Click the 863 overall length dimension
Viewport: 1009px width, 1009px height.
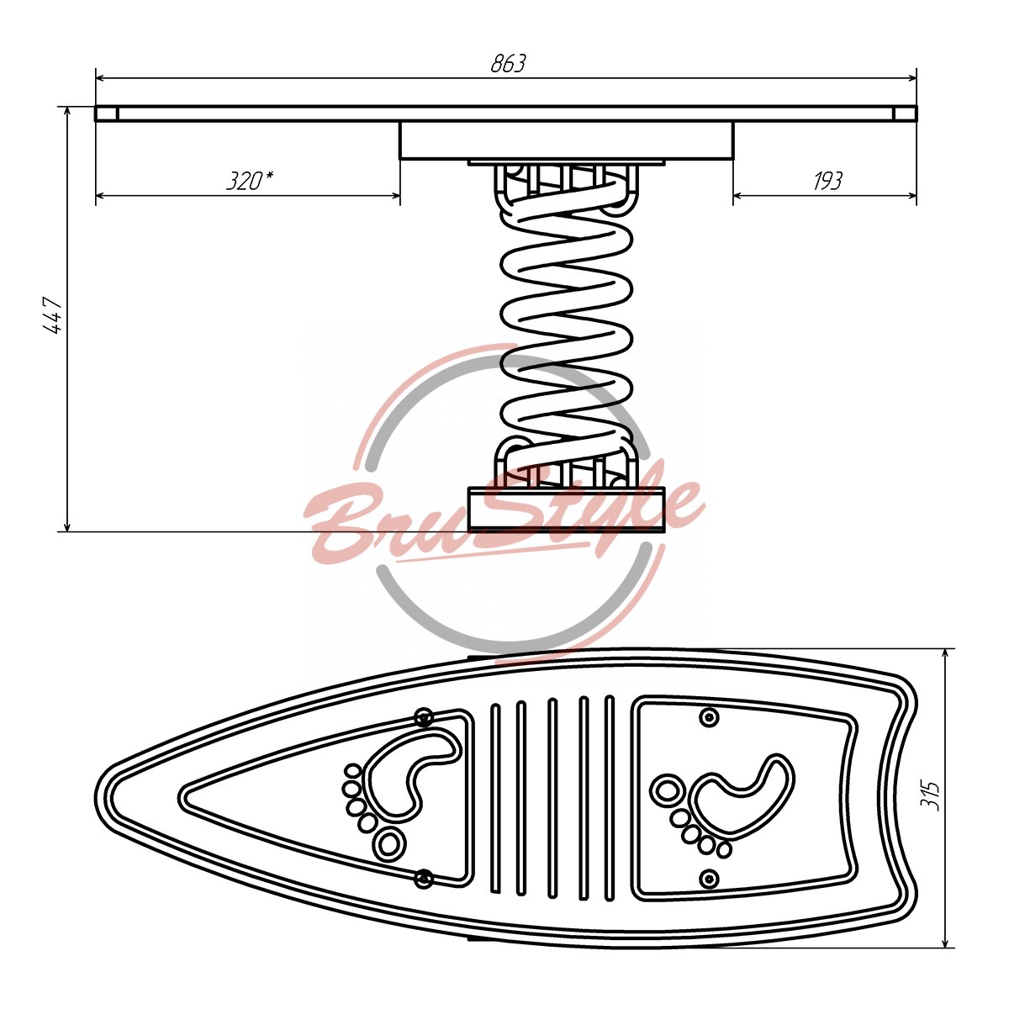[507, 63]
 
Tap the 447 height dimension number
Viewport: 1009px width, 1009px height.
[52, 316]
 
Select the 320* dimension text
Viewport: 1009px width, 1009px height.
[250, 181]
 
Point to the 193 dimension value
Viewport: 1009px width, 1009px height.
[827, 181]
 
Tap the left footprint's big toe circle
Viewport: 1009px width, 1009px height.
[390, 843]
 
